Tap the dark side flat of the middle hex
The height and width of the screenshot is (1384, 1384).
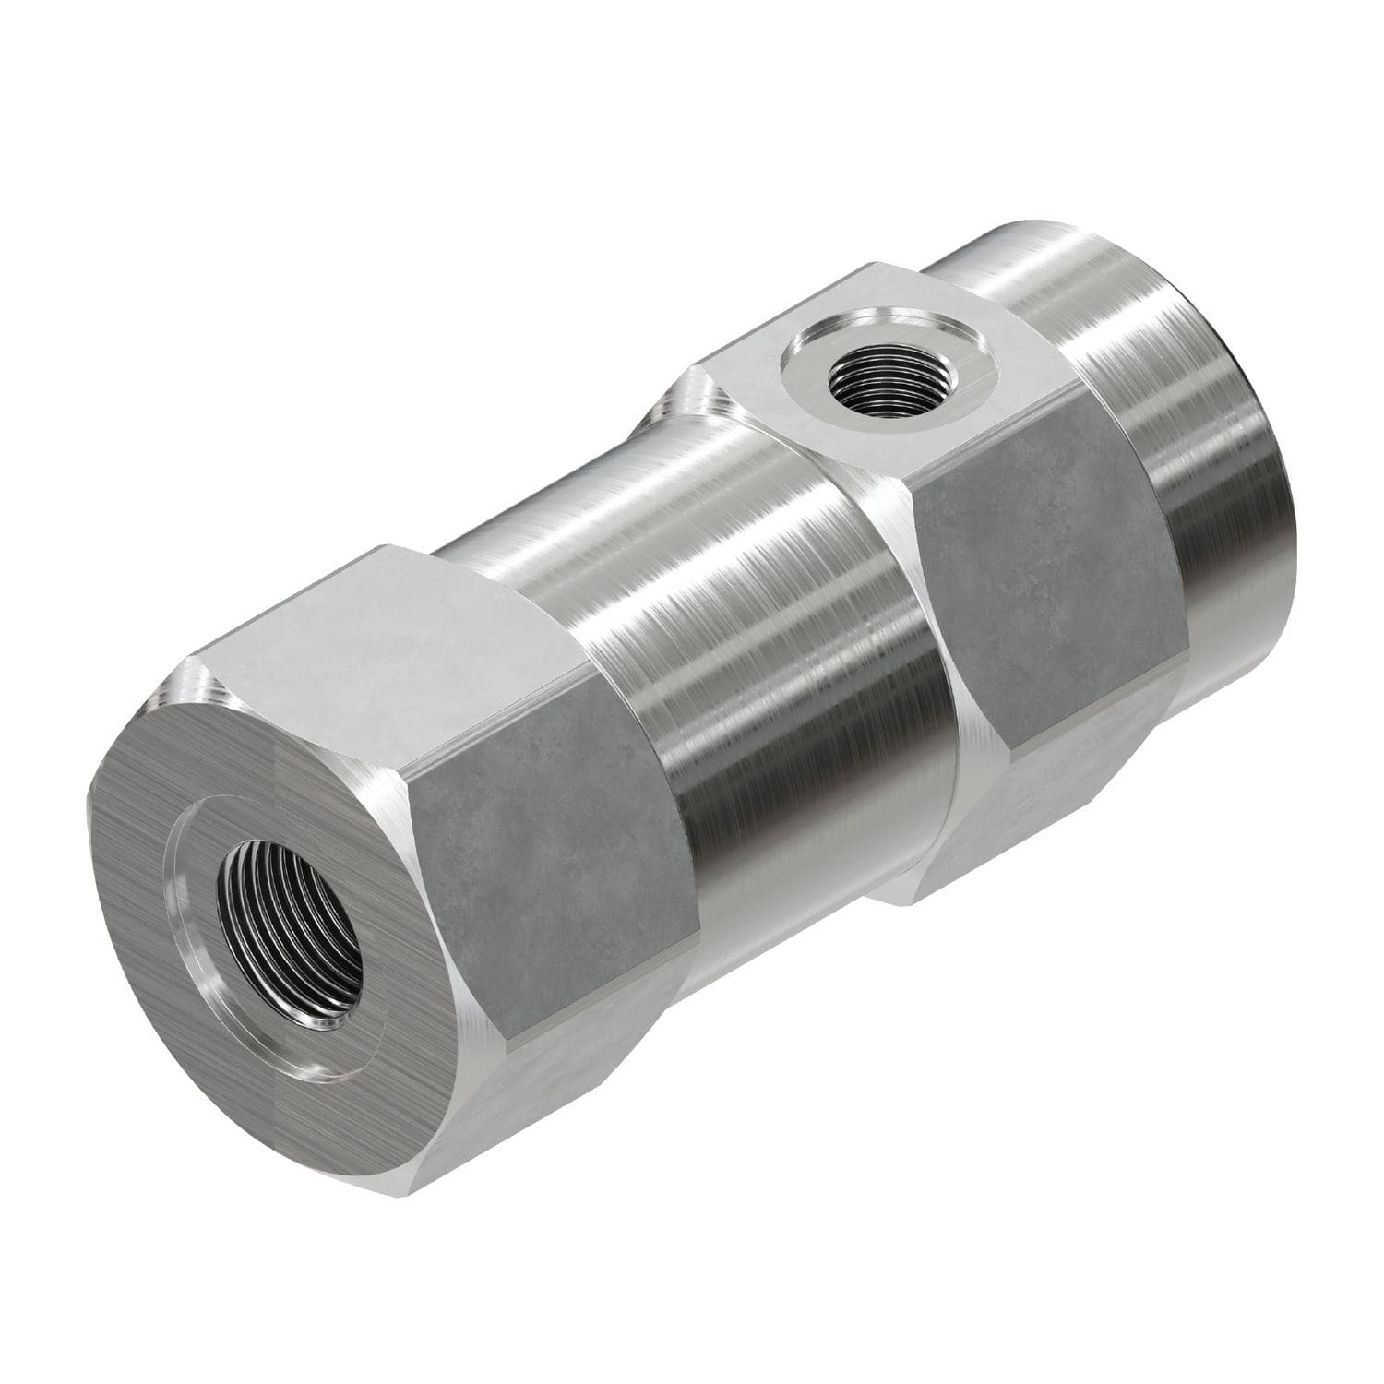tap(1043, 554)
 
